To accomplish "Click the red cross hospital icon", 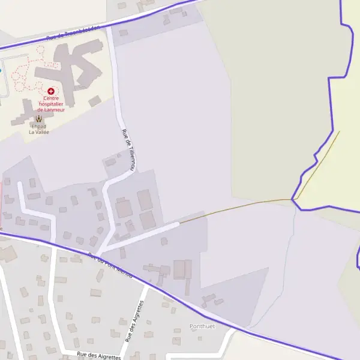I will (51, 91).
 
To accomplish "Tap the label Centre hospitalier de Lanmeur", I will (51, 103).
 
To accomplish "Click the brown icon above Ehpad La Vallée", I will (40, 118).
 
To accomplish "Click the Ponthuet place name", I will (202, 326).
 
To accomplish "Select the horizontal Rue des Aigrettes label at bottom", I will (99, 356).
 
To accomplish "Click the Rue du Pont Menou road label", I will (110, 265).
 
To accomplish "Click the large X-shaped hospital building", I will (72, 69).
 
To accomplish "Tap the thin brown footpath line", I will (240, 208).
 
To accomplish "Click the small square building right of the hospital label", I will (95, 101).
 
